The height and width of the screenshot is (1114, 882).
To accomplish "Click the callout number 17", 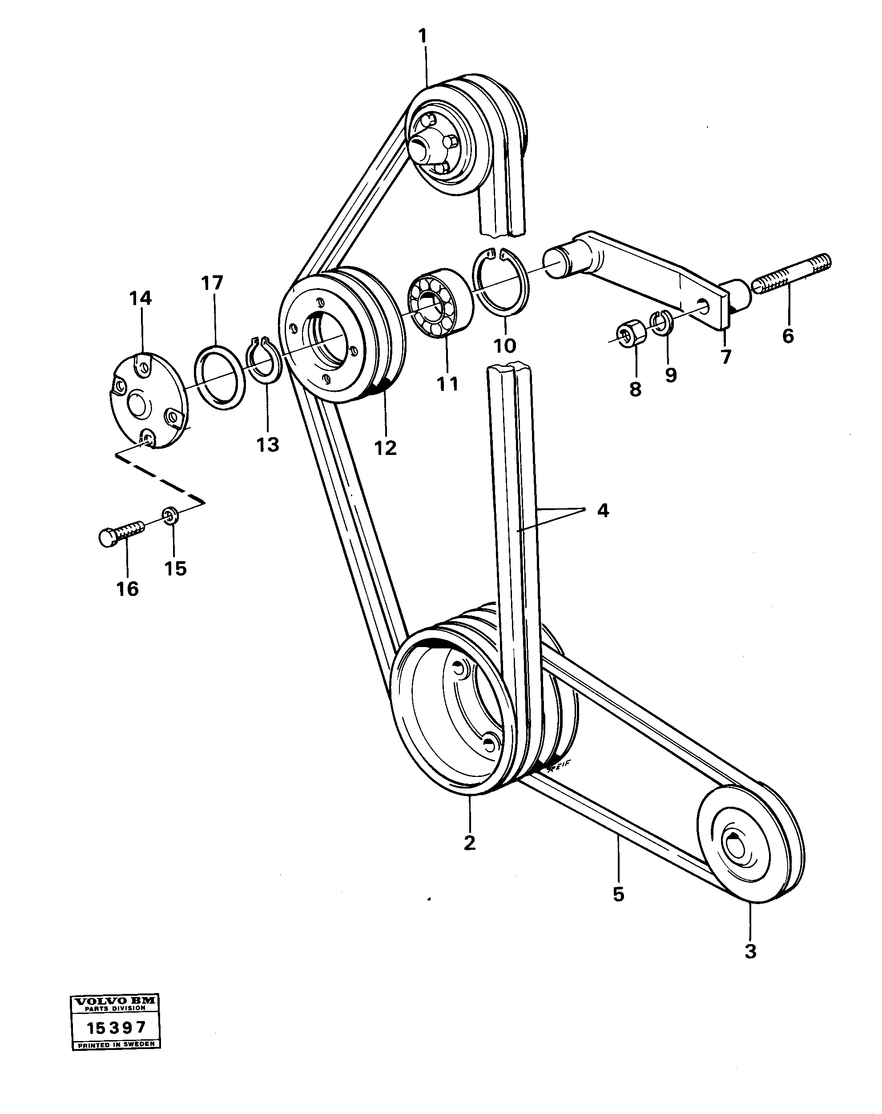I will point(212,283).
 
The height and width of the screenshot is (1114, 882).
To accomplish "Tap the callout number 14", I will point(141,298).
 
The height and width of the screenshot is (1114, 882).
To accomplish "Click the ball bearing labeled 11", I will point(440,304).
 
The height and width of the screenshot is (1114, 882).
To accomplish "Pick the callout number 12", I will point(386,447).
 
